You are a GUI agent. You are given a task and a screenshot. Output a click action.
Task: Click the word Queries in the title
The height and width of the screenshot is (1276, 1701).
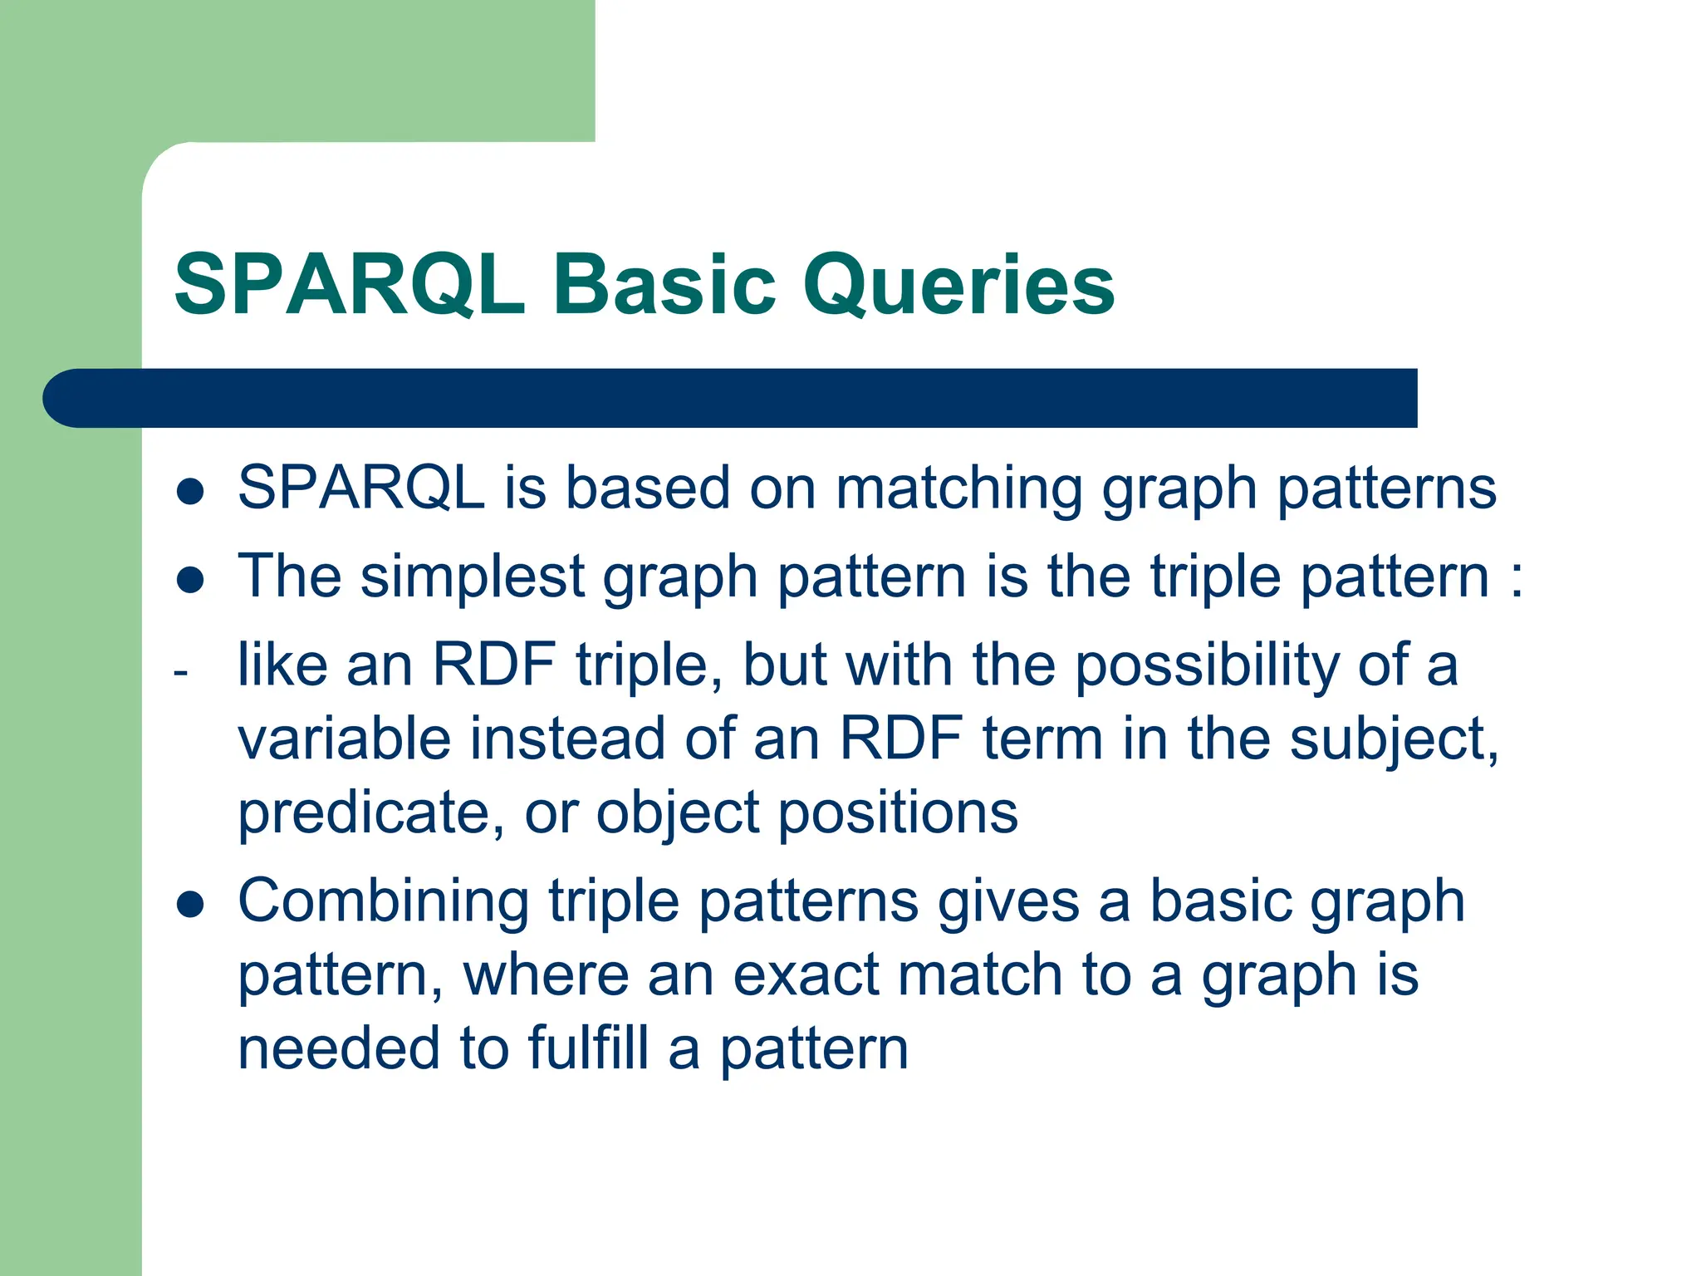point(958,287)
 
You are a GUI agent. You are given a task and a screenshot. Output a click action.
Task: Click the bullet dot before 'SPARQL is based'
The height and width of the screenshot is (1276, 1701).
point(190,491)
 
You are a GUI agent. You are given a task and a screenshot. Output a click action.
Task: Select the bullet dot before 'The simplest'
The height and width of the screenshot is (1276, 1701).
point(190,580)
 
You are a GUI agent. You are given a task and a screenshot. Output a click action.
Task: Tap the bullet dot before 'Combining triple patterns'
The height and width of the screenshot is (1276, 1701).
point(190,905)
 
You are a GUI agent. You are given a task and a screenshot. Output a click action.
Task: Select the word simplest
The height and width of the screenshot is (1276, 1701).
point(473,577)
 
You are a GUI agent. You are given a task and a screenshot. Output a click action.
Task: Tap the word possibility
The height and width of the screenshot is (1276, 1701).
point(1207,666)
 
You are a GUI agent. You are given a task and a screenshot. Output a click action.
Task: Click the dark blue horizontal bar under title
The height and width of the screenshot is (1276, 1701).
point(731,398)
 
